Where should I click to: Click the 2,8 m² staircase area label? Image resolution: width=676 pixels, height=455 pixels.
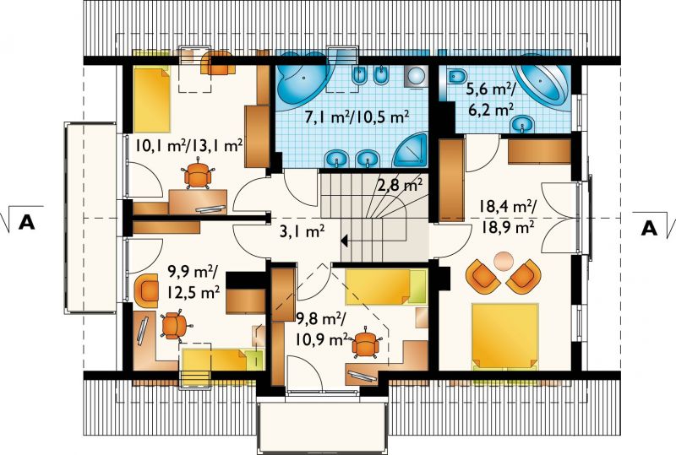[401, 185]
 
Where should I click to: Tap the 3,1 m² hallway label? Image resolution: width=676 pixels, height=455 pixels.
[303, 232]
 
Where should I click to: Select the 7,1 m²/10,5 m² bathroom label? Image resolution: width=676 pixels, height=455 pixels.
[357, 116]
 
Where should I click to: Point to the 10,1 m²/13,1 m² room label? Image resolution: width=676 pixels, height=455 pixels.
[188, 145]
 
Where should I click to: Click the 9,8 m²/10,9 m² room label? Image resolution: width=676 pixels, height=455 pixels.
[322, 329]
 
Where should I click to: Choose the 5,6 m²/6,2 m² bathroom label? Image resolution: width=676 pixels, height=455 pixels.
[491, 100]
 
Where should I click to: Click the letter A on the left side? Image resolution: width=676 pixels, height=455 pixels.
[27, 225]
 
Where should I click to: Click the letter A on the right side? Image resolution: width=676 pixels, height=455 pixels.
[649, 228]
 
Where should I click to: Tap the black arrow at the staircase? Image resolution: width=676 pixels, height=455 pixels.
[345, 241]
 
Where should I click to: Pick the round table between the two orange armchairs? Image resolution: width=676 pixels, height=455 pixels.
[503, 261]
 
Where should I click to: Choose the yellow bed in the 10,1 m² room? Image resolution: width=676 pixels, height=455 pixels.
[152, 100]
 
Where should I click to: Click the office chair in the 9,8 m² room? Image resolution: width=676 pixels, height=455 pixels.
[367, 344]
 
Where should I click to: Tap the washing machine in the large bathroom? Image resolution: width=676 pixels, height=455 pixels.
[416, 77]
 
